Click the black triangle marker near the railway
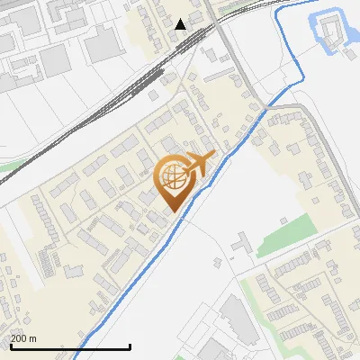(x=181, y=24)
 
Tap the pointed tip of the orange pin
(x=171, y=211)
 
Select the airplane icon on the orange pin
(x=200, y=165)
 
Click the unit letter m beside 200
(x=33, y=338)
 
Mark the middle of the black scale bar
(x=70, y=346)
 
